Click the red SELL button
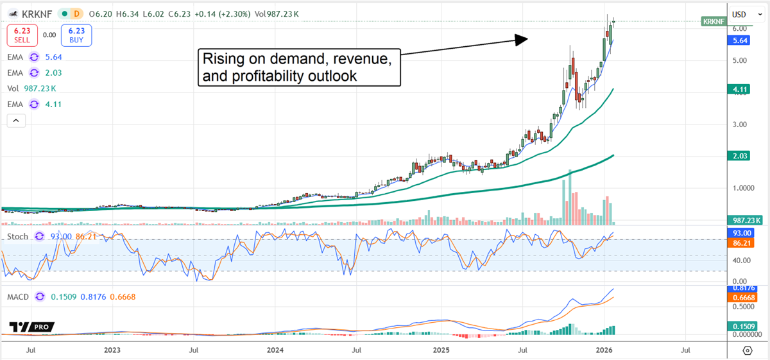click(19, 35)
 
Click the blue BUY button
click(77, 35)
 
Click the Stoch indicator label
click(17, 237)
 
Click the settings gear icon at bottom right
click(748, 350)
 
